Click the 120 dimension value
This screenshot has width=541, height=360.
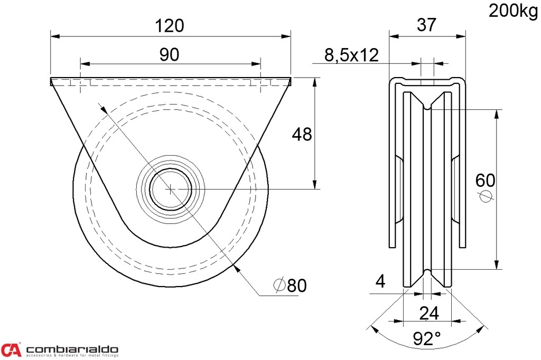pyautogui.click(x=170, y=25)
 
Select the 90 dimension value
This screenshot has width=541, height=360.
pyautogui.click(x=170, y=54)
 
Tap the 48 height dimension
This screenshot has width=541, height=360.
pyautogui.click(x=302, y=134)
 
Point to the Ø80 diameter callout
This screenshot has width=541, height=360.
pyautogui.click(x=290, y=285)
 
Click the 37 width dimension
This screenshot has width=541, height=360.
pyautogui.click(x=427, y=25)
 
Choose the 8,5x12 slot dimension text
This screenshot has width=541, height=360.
pyautogui.click(x=351, y=55)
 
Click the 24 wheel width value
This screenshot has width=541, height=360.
pyautogui.click(x=429, y=313)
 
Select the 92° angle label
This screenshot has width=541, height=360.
pyautogui.click(x=427, y=338)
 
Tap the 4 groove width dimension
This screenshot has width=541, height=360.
pyautogui.click(x=380, y=281)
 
